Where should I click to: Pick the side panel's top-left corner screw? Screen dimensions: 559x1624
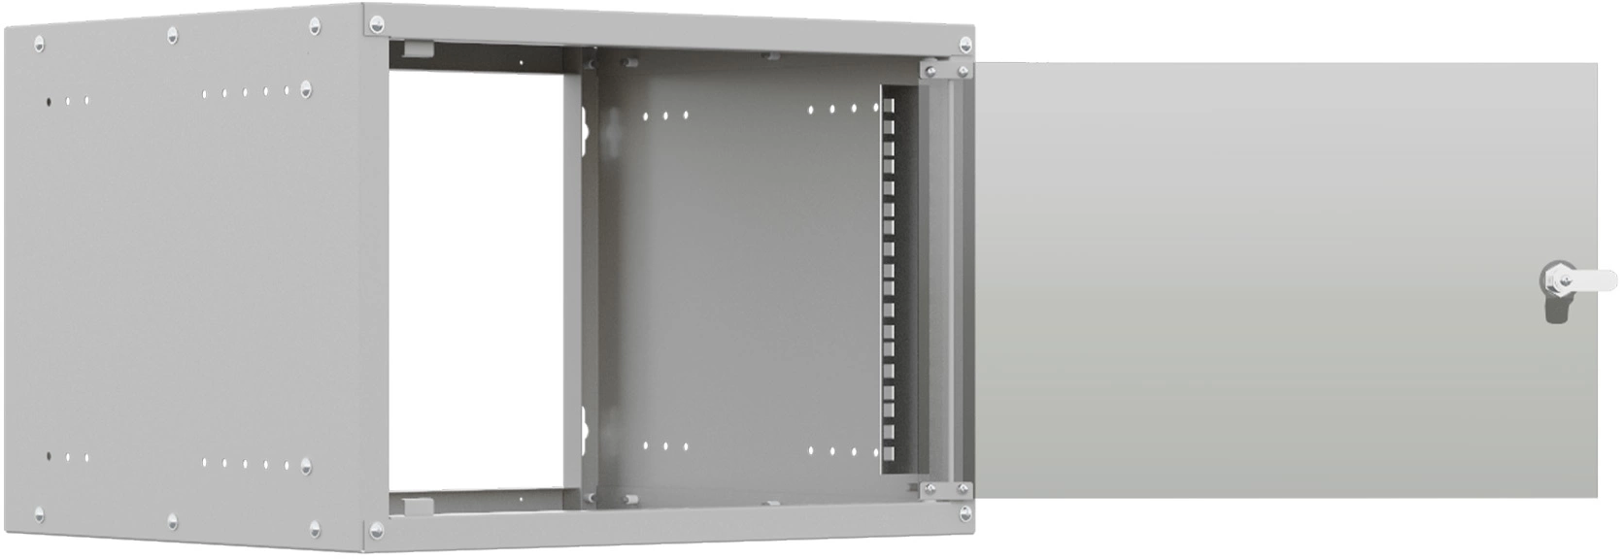[39, 43]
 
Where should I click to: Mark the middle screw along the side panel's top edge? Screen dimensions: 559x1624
[173, 35]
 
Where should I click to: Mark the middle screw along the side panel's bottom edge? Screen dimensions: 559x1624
[173, 522]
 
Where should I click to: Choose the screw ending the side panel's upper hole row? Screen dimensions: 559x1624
[307, 89]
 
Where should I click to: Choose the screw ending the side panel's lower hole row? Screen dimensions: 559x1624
[307, 465]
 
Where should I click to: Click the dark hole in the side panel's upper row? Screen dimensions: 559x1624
[49, 100]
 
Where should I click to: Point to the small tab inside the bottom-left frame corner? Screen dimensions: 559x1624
[416, 505]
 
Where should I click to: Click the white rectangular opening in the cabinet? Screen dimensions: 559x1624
[476, 281]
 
